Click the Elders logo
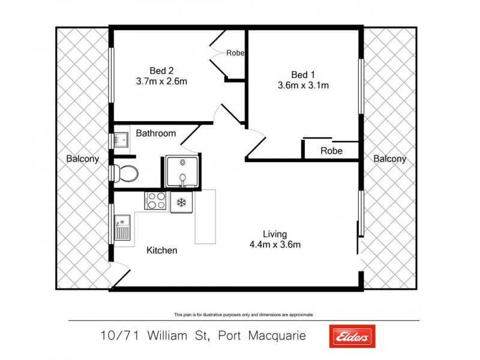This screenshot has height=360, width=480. [x=352, y=336]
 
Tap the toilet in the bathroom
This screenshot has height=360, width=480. [x=127, y=174]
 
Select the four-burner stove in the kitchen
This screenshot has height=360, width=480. [x=156, y=200]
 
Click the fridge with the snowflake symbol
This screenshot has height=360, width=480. [x=181, y=202]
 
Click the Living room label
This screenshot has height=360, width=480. [x=275, y=233]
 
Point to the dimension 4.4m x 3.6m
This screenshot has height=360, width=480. [x=275, y=244]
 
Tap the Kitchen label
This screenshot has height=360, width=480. [x=162, y=250]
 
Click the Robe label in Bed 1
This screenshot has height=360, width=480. [x=331, y=151]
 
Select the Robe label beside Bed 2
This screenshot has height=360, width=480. [x=235, y=53]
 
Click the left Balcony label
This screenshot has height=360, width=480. [x=83, y=159]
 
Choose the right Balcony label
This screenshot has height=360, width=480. [x=389, y=159]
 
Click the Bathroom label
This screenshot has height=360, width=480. [x=155, y=133]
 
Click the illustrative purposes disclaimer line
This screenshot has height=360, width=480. [x=244, y=314]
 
